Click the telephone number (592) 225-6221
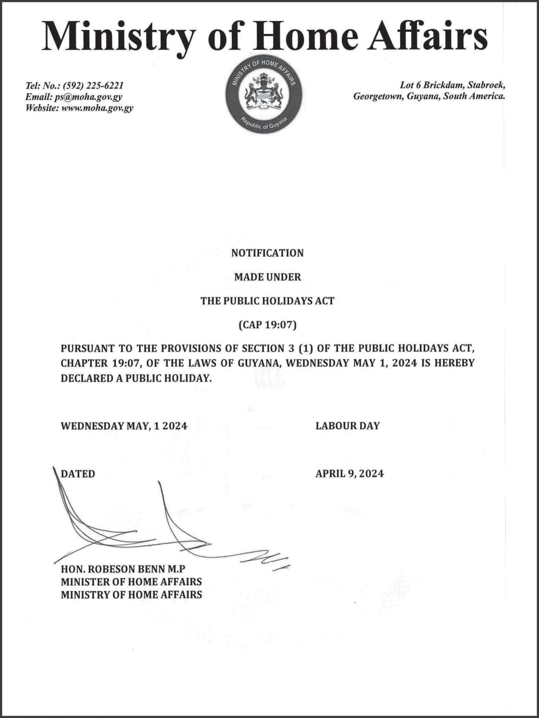click(93, 85)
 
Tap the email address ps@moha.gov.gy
click(88, 97)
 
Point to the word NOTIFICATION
click(267, 253)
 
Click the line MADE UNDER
click(267, 277)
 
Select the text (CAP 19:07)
click(267, 325)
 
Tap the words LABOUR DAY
click(347, 426)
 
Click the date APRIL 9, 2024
click(349, 474)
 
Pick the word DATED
click(78, 474)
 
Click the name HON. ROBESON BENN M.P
click(123, 569)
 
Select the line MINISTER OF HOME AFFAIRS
click(131, 582)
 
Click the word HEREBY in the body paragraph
click(454, 363)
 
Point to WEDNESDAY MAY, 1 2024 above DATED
click(124, 426)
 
